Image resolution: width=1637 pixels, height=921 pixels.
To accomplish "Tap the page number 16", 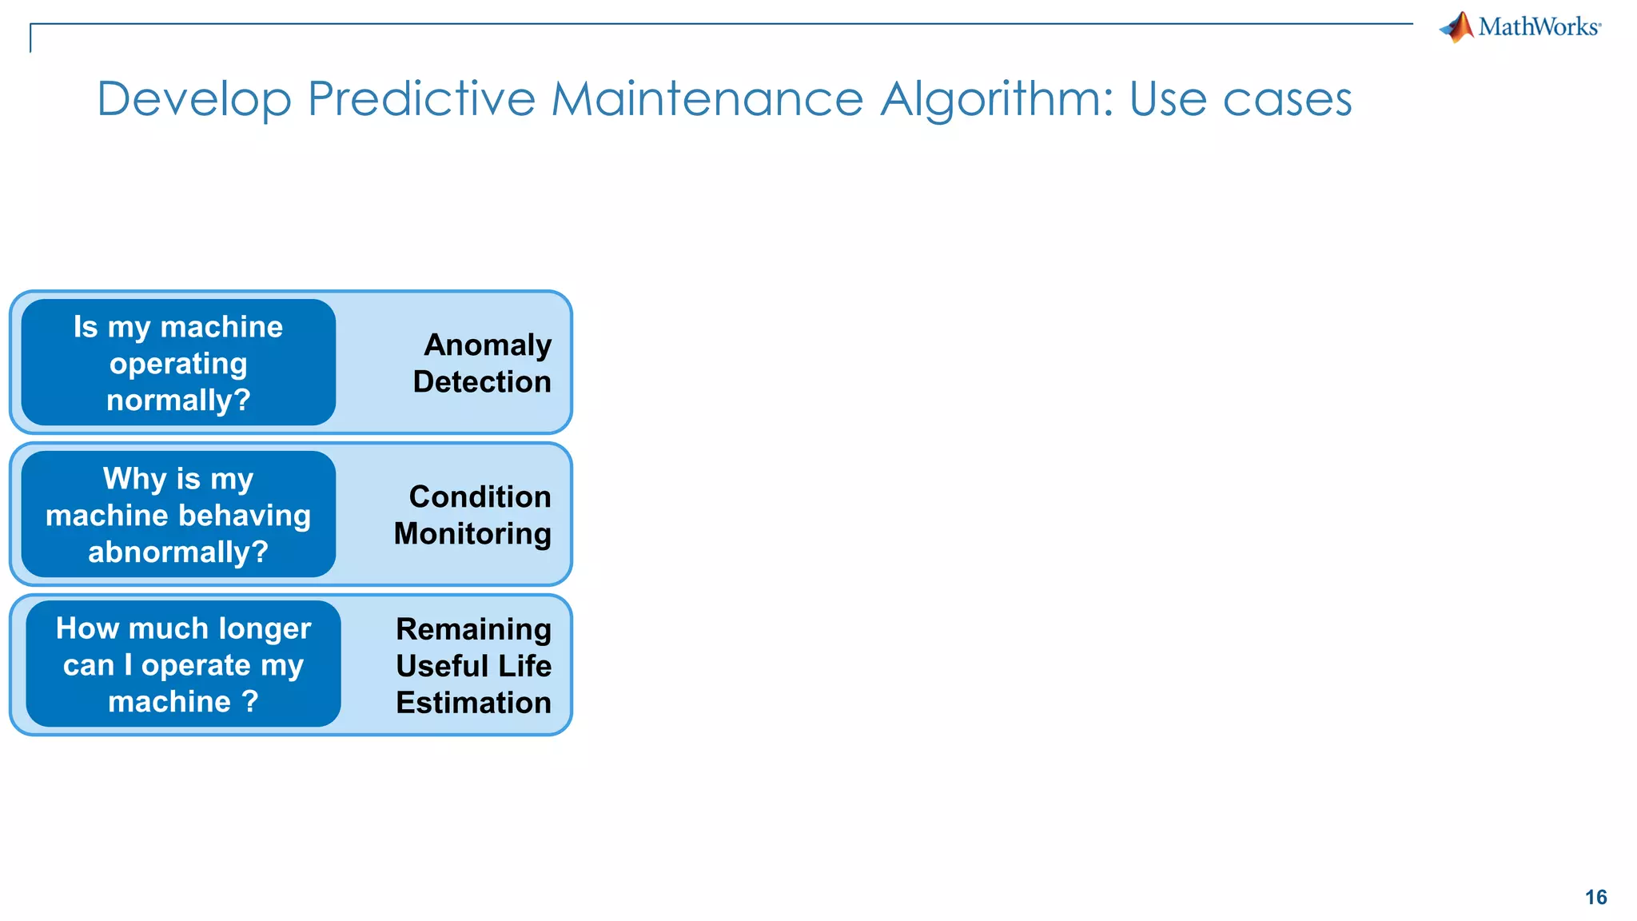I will click(1595, 897).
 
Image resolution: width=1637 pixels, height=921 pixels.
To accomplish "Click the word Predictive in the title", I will click(421, 99).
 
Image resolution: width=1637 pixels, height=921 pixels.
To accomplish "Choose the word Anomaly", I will click(488, 345).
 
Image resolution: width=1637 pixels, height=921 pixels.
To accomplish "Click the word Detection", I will click(482, 382).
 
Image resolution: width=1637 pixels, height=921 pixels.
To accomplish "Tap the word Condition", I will click(480, 497).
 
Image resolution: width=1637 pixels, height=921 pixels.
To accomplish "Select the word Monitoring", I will click(472, 534).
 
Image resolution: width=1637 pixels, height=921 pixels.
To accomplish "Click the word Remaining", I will click(473, 629).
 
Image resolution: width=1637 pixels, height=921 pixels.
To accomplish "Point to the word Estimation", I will click(473, 703).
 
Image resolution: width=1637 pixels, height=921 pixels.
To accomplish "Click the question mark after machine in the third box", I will click(250, 702).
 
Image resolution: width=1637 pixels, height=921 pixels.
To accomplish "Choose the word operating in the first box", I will click(178, 365).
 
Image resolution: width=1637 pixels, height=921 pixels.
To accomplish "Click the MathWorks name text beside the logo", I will click(1538, 27).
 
